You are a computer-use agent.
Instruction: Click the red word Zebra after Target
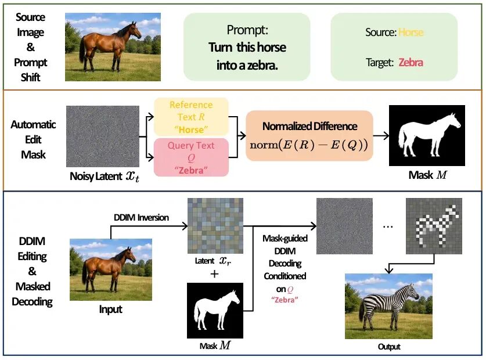411,62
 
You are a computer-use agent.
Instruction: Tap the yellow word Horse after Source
411,33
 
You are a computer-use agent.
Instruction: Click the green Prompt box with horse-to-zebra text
247,47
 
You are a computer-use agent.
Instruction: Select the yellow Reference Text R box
191,117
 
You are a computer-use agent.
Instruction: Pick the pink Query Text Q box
191,157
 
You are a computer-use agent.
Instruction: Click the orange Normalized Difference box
309,135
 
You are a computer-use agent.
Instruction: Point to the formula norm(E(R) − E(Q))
309,145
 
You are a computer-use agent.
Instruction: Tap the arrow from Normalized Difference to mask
381,135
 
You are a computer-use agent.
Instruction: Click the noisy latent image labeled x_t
103,136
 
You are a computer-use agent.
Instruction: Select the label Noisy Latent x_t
105,176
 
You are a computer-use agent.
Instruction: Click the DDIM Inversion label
141,217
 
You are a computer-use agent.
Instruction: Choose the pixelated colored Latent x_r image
215,226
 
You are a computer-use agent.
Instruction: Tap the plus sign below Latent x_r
214,274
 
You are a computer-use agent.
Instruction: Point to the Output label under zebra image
389,347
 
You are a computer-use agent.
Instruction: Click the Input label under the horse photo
111,309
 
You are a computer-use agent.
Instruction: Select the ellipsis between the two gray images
388,227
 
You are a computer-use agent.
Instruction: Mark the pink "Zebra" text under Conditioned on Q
285,300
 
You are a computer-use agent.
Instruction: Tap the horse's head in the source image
136,30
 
